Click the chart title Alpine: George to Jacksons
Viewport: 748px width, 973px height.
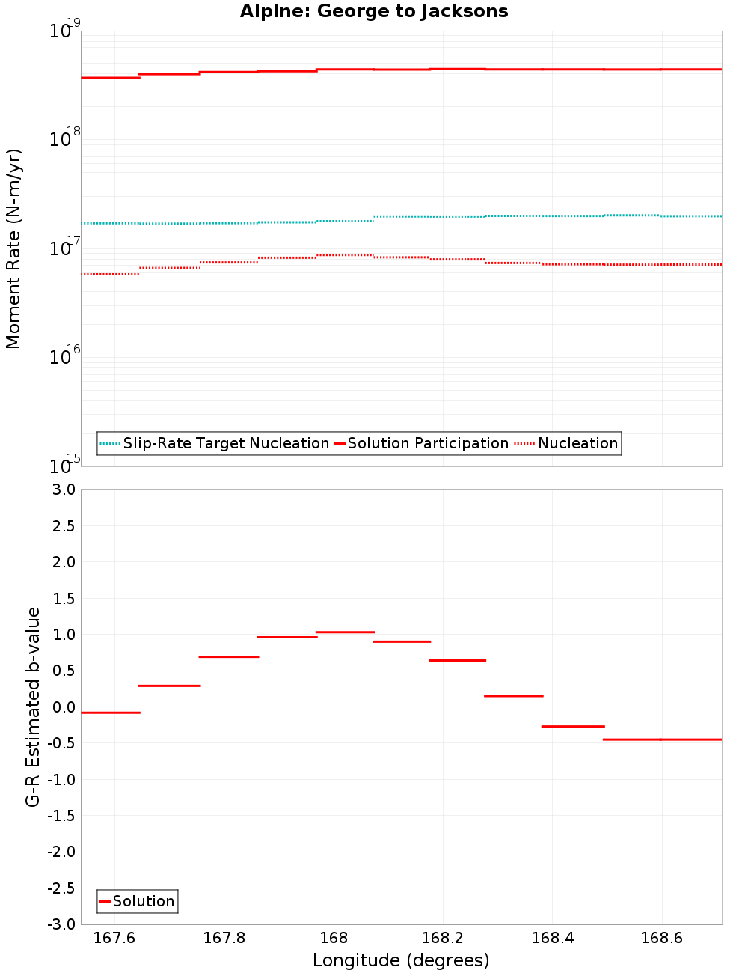(x=374, y=12)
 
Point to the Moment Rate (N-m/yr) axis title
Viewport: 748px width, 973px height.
(x=13, y=248)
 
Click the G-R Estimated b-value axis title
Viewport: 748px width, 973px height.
(x=33, y=707)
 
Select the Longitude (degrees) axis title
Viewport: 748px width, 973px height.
(x=401, y=960)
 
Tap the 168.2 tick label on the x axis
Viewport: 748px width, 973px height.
(x=443, y=939)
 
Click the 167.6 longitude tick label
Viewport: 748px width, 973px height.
(x=114, y=939)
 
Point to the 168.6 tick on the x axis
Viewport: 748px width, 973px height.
(x=662, y=939)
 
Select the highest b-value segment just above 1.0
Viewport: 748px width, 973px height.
(x=345, y=632)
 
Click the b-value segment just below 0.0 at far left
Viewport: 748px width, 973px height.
(x=110, y=713)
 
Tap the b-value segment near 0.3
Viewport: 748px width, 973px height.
(x=169, y=686)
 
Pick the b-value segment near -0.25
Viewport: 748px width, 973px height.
(x=572, y=726)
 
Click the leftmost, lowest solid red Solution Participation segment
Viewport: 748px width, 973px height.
(x=110, y=78)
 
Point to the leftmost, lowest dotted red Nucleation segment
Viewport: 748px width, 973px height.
(x=110, y=275)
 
